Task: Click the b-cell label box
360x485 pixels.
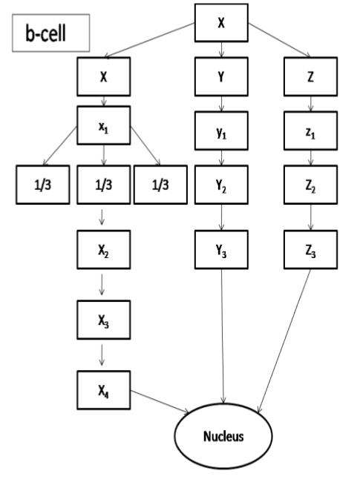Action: coord(50,33)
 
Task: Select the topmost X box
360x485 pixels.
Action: coord(221,22)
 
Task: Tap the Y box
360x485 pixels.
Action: coord(221,76)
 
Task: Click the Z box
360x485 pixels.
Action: coord(310,76)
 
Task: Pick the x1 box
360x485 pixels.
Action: coord(104,125)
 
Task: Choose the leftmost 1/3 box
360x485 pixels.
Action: coord(43,185)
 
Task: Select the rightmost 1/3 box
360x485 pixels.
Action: coord(160,185)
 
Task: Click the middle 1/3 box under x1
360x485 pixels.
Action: coord(104,185)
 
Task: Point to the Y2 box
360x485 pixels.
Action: coord(221,185)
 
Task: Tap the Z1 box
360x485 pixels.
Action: coord(310,131)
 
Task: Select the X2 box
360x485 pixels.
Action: coord(104,250)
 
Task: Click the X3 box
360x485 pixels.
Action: coord(104,320)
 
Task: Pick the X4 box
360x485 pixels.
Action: coord(104,390)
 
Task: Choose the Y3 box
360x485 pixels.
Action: coord(221,250)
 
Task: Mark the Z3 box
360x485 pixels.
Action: coord(310,250)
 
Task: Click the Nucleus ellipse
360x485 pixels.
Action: coord(223,436)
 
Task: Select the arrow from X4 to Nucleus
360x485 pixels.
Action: coord(160,401)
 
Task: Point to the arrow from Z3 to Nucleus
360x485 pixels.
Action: coord(284,341)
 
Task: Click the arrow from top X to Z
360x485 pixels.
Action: coord(279,40)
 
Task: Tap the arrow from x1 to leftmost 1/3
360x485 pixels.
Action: coord(59,146)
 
